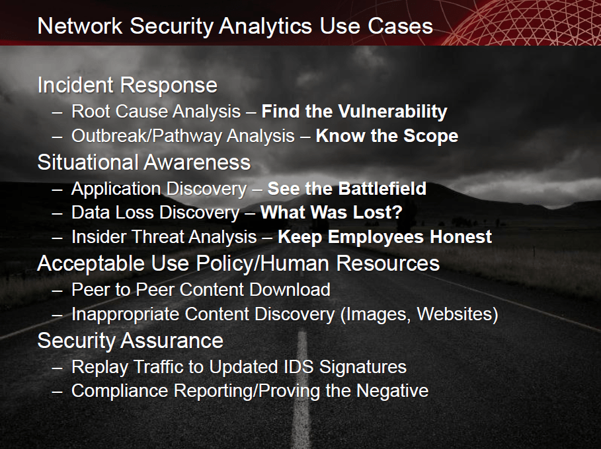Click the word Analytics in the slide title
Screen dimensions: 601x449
pyautogui.click(x=266, y=27)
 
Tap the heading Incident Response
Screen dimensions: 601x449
pyautogui.click(x=128, y=86)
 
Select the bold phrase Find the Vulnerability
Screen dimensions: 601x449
pyautogui.click(x=354, y=112)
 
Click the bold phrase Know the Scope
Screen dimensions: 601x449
pyautogui.click(x=387, y=136)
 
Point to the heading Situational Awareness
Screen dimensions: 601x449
pyautogui.click(x=144, y=162)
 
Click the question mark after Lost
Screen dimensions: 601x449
pyautogui.click(x=397, y=213)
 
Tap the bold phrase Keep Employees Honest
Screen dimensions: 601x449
pyautogui.click(x=384, y=237)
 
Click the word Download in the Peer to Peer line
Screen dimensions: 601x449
pyautogui.click(x=290, y=290)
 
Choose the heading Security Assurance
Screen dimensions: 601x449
pyautogui.click(x=130, y=341)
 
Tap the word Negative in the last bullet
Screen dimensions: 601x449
pyautogui.click(x=392, y=391)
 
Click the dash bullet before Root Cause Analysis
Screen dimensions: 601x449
pyautogui.click(x=57, y=113)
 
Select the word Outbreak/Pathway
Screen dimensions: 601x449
pyautogui.click(x=146, y=137)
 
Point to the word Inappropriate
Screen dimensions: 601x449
pyautogui.click(x=124, y=315)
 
